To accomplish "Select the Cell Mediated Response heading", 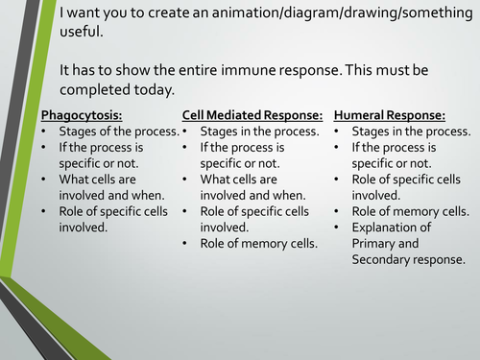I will (251, 114).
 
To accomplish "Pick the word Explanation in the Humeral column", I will (392, 227).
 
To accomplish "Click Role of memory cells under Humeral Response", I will (411, 211).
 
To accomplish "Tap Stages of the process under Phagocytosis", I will (118, 131).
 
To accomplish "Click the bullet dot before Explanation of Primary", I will (339, 228).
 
